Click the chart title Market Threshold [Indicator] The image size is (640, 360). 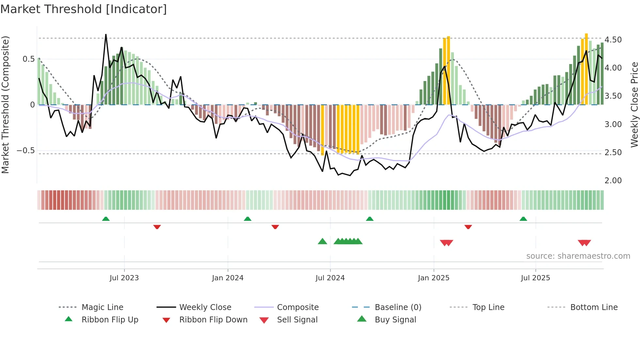click(84, 9)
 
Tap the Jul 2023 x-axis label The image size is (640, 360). click(124, 278)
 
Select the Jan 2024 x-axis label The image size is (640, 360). click(228, 278)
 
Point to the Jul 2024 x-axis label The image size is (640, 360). click(330, 278)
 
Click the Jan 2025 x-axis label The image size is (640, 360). click(434, 278)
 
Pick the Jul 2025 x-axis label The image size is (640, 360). click(536, 278)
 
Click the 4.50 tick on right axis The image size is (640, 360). click(613, 40)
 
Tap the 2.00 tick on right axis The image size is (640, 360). click(613, 181)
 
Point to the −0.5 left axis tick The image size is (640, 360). click(25, 151)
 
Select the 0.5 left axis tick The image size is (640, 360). click(28, 59)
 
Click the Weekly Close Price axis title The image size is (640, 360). click(634, 105)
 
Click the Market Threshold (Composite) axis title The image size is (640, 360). click(5, 105)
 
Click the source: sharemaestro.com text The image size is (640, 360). click(578, 256)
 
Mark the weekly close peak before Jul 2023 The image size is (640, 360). click(106, 35)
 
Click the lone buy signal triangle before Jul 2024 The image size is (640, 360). click(322, 241)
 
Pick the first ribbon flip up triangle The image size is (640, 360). click(106, 219)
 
